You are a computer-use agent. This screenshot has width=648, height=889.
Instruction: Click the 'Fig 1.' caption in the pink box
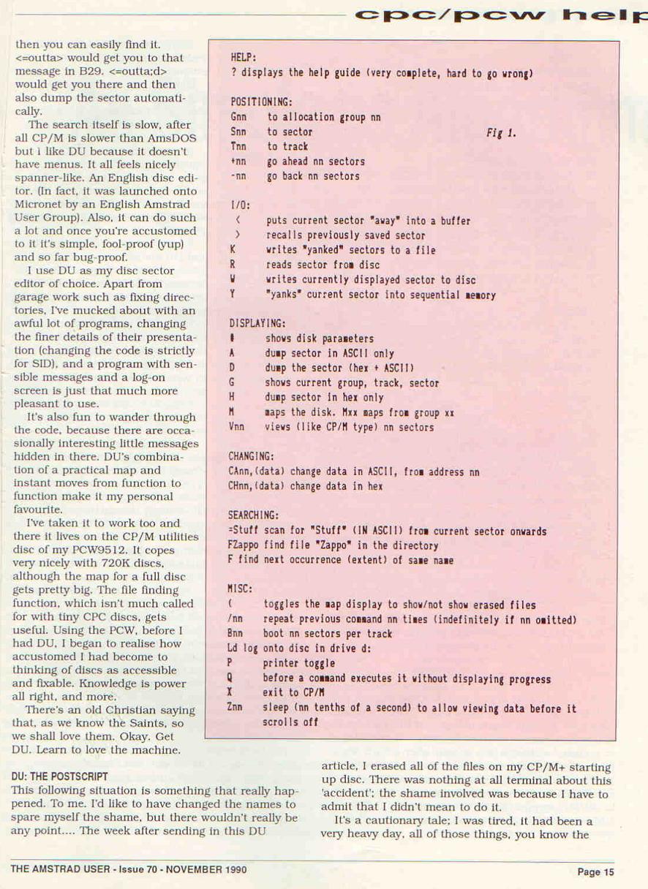[x=501, y=133]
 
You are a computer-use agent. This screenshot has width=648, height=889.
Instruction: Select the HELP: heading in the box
[x=244, y=57]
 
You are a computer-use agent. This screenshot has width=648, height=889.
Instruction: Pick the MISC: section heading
[x=241, y=589]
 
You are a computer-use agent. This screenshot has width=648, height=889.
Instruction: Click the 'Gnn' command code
[x=238, y=117]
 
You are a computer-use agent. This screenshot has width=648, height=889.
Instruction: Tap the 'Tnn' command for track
[x=238, y=147]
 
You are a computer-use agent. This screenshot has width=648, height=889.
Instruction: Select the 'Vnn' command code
[x=238, y=427]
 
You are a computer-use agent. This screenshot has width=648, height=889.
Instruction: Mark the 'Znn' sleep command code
[x=236, y=708]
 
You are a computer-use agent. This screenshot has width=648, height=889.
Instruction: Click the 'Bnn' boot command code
[x=236, y=633]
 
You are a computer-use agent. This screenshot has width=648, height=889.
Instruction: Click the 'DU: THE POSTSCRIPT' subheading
[x=60, y=776]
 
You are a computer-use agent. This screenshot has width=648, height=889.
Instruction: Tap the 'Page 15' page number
[x=596, y=871]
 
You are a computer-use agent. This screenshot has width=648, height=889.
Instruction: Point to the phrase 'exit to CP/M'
[x=293, y=692]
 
